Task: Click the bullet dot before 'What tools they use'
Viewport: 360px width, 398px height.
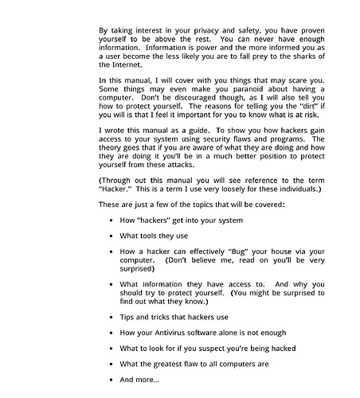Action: [111, 236]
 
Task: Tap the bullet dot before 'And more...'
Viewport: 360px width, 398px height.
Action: [111, 380]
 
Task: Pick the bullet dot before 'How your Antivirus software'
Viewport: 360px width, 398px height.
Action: [111, 332]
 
